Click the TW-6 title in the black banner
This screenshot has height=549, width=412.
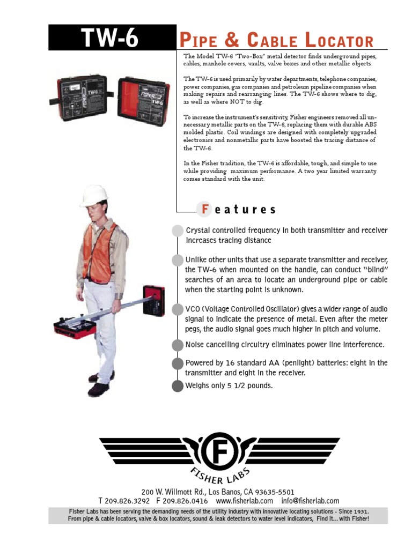point(110,38)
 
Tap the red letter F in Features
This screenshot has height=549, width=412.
point(204,209)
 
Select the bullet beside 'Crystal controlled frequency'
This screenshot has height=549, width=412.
point(177,231)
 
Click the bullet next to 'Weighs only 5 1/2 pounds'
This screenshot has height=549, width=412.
point(177,386)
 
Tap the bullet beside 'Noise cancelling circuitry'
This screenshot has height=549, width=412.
point(177,345)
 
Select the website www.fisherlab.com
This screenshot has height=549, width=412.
point(244,501)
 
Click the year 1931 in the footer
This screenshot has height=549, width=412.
point(360,511)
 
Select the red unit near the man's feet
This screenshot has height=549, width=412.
point(76,329)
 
